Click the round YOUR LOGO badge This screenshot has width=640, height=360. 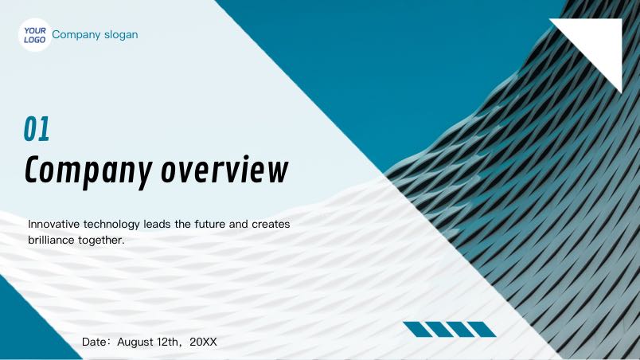click(35, 35)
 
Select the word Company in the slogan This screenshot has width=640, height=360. click(76, 35)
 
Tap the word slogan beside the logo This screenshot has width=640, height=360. click(121, 35)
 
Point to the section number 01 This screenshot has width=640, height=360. click(37, 129)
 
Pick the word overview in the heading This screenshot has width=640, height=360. click(224, 170)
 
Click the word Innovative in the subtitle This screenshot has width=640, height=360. click(54, 224)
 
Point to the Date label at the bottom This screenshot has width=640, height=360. click(96, 342)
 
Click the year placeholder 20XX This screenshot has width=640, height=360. click(203, 342)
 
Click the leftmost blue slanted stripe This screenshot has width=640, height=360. click(418, 330)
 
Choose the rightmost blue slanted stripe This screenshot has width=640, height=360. click(482, 330)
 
